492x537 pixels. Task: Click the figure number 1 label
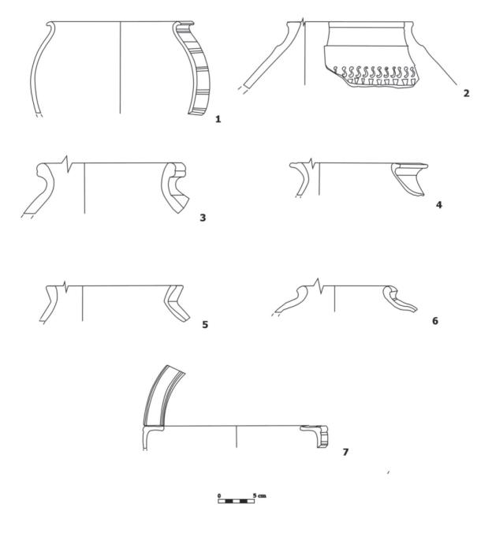pyautogui.click(x=218, y=119)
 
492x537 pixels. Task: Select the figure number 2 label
pyautogui.click(x=466, y=93)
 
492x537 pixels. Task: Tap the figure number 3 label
pyautogui.click(x=203, y=218)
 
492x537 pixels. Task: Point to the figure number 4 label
pyautogui.click(x=438, y=205)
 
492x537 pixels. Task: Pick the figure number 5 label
pyautogui.click(x=205, y=324)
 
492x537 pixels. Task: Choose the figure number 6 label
pyautogui.click(x=435, y=321)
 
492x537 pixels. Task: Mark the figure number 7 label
pyautogui.click(x=345, y=452)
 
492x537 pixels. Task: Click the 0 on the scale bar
pyautogui.click(x=218, y=495)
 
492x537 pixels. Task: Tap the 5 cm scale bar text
pyautogui.click(x=259, y=495)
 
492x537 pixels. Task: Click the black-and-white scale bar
pyautogui.click(x=237, y=502)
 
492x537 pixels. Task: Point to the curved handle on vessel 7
pyautogui.click(x=162, y=397)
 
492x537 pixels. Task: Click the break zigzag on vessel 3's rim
pyautogui.click(x=68, y=163)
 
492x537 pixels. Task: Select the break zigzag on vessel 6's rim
pyautogui.click(x=319, y=286)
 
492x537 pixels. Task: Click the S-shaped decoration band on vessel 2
pyautogui.click(x=375, y=72)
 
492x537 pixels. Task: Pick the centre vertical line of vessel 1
pyautogui.click(x=120, y=68)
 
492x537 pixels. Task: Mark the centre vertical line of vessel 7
pyautogui.click(x=237, y=437)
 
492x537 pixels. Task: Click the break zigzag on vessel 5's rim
pyautogui.click(x=65, y=287)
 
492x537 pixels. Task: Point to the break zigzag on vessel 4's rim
pyautogui.click(x=311, y=164)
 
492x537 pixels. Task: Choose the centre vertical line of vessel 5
pyautogui.click(x=83, y=303)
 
